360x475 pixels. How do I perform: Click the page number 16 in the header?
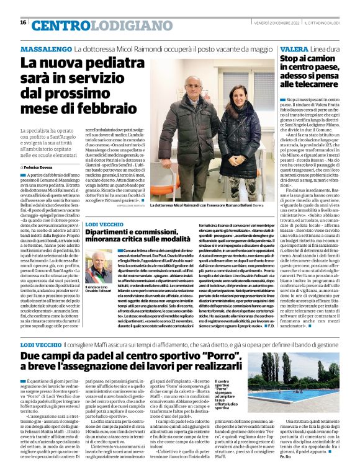pyautogui.click(x=23, y=22)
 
